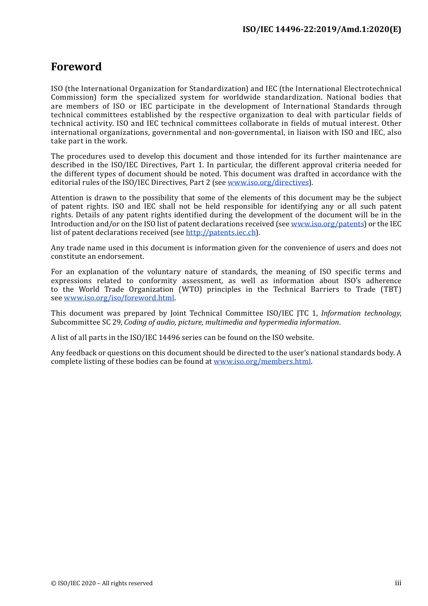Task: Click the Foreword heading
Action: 76,67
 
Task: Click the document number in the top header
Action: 322,29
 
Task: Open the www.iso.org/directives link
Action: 268,183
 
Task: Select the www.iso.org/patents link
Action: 328,224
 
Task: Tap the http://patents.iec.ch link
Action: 221,233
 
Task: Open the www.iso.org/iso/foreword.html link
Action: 119,298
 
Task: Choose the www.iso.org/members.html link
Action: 262,362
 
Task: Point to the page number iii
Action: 398,583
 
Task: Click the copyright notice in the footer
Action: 102,583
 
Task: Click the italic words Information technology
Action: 360,313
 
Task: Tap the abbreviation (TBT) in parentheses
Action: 391,289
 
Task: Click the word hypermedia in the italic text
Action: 277,322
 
